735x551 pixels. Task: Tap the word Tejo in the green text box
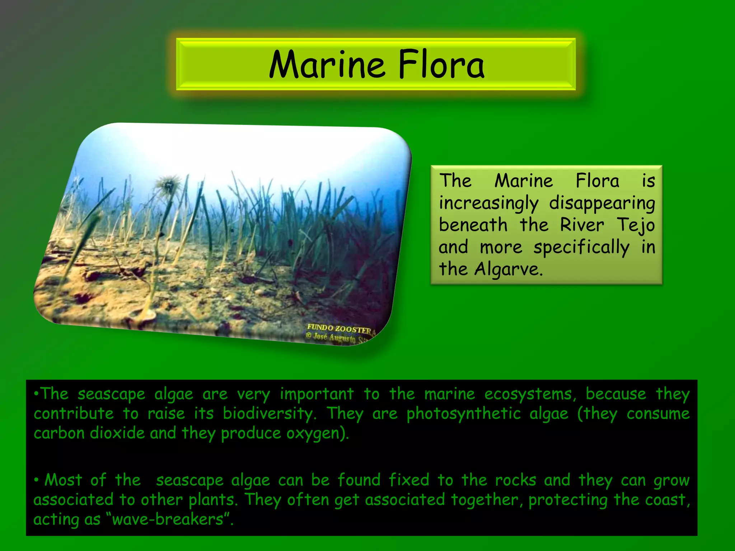[x=636, y=225]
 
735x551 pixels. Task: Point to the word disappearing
[x=602, y=203]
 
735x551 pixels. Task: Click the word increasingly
[x=488, y=203]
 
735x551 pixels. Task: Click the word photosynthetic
[x=463, y=414]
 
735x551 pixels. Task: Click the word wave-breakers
[x=168, y=519]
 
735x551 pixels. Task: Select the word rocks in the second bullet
[x=515, y=480]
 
